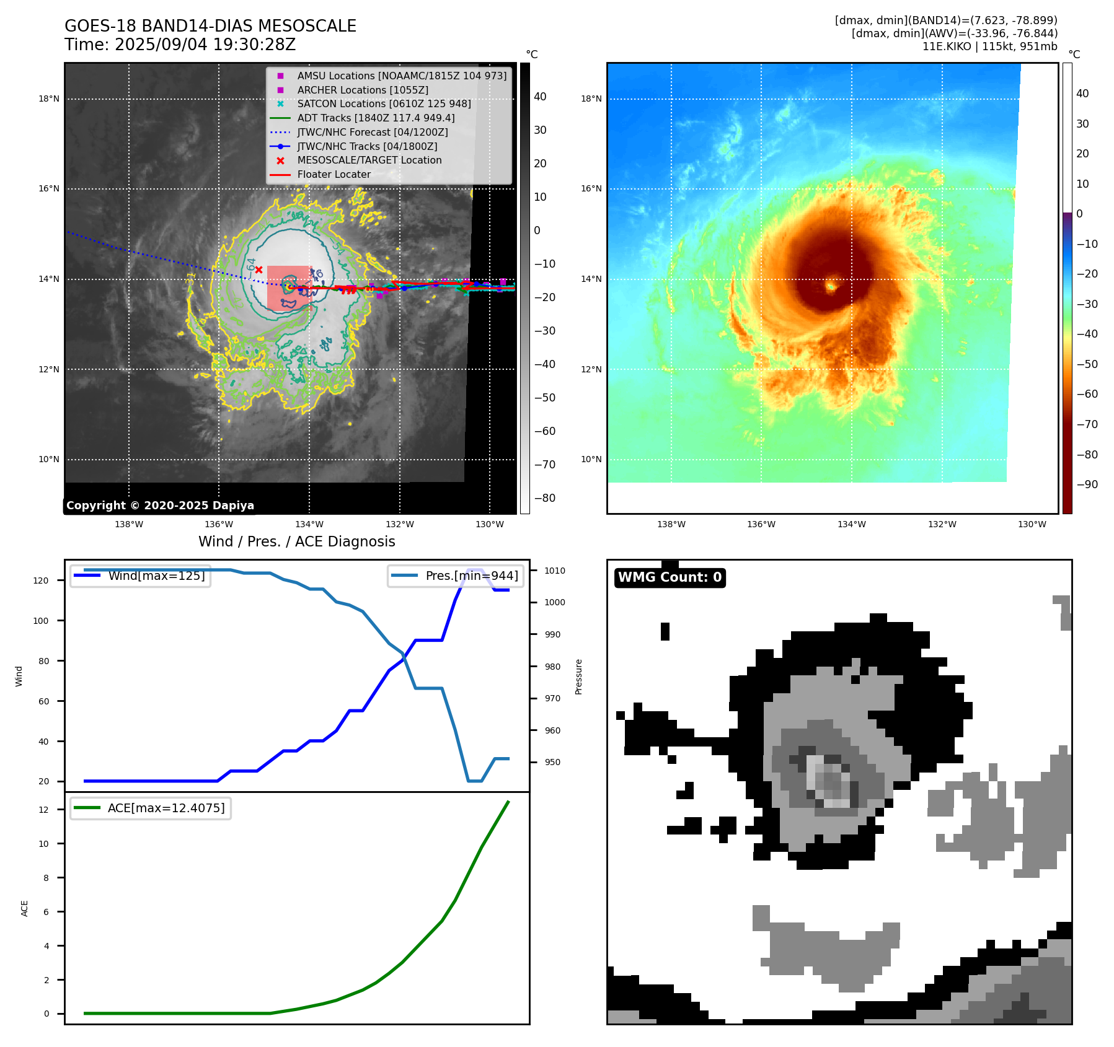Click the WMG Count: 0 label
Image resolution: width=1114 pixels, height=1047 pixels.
(x=670, y=577)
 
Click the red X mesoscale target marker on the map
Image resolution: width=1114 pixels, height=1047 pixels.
(x=259, y=269)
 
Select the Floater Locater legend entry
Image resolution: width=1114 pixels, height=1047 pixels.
(x=334, y=175)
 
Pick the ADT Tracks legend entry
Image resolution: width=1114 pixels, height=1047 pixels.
(x=376, y=118)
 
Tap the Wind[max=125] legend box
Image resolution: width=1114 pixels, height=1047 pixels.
(x=141, y=576)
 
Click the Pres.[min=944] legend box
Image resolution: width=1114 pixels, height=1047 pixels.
(x=456, y=576)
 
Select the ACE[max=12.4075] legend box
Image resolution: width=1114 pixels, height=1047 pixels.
(x=151, y=808)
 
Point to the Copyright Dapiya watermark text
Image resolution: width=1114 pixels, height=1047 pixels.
(x=160, y=506)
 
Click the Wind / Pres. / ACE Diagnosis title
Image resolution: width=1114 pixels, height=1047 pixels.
(x=296, y=541)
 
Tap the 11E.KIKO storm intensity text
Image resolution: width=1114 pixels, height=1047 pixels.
(x=989, y=46)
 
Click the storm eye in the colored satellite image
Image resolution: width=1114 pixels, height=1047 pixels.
(x=831, y=286)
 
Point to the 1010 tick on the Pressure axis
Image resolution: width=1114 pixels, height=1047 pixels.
(x=555, y=571)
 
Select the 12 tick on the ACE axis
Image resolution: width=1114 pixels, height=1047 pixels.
(x=43, y=810)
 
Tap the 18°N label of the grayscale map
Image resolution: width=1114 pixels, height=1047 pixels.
(x=49, y=99)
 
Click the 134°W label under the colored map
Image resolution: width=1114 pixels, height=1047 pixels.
(x=851, y=524)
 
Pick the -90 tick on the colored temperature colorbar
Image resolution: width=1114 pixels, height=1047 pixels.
(x=1087, y=484)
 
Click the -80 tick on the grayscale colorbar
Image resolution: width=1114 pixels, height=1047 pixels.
(x=545, y=498)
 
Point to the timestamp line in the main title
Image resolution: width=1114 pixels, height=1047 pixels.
(x=180, y=45)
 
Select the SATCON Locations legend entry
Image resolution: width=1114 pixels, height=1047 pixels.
(x=384, y=104)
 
